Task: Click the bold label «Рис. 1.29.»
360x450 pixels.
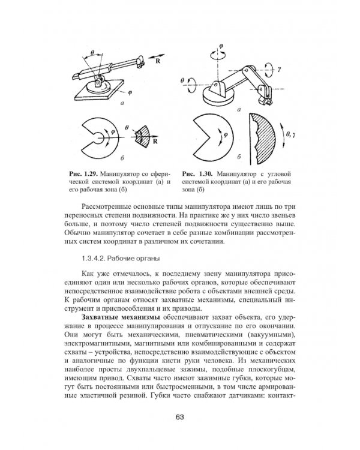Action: pos(83,174)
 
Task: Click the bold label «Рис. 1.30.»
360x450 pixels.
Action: pos(197,174)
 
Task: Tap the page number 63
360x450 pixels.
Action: pos(180,417)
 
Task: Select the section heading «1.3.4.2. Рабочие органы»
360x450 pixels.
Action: pos(121,258)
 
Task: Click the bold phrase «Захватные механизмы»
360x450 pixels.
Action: pos(121,317)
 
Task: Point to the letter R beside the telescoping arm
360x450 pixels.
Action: pos(158,61)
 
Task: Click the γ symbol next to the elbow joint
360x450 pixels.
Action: pos(280,70)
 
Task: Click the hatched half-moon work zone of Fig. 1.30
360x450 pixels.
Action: pos(263,138)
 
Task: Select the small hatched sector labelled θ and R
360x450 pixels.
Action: pos(143,136)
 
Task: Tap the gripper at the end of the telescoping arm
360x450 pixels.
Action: pos(140,62)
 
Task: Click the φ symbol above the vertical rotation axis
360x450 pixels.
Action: pos(221,46)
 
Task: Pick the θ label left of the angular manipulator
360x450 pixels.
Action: pos(182,80)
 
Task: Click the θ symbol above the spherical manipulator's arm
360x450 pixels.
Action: pos(92,53)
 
